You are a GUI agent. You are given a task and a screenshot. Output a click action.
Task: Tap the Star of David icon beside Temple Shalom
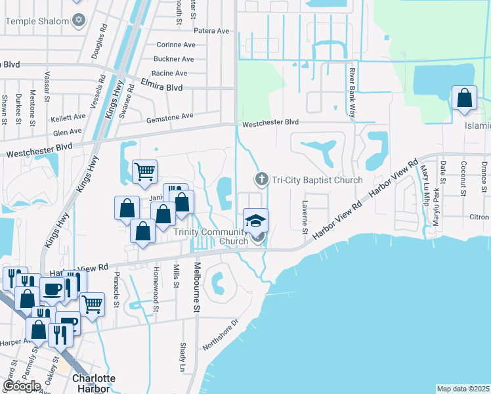(79, 20)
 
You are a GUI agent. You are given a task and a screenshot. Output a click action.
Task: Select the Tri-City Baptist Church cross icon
(261, 179)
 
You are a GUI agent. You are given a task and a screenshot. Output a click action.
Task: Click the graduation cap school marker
(255, 219)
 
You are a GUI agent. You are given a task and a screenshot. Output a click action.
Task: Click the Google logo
(22, 386)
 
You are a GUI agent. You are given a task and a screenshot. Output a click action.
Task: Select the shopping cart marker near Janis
(144, 172)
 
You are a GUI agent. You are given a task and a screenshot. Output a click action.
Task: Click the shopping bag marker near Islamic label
(464, 98)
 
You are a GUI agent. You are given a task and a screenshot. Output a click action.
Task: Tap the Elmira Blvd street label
(161, 85)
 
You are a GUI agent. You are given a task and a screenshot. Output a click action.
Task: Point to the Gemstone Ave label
(169, 116)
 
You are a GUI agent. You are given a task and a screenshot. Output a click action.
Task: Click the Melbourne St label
(197, 288)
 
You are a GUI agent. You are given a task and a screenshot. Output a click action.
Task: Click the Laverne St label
(305, 217)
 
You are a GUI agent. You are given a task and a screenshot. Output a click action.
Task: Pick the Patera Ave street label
(210, 31)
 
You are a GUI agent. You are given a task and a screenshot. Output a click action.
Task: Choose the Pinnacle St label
(116, 289)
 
